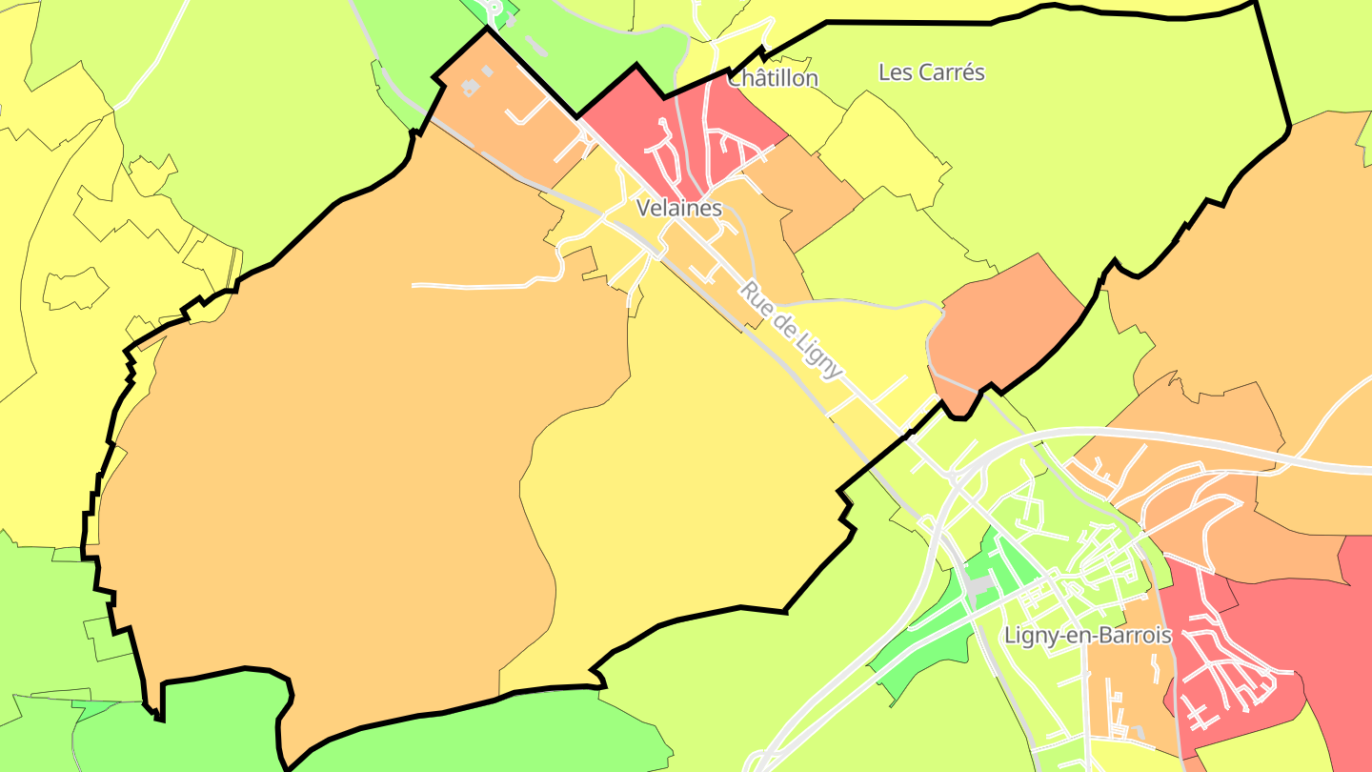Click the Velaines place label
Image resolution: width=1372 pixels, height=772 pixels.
pos(678,208)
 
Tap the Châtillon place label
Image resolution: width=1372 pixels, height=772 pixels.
pos(773,79)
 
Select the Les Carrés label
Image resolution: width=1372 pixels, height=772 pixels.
pos(931,72)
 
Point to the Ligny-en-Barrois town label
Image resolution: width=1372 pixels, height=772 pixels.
pos(1088,636)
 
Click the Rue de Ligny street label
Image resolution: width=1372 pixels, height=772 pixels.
pos(792,330)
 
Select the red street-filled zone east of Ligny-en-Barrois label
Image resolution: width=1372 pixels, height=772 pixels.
pos(1239,658)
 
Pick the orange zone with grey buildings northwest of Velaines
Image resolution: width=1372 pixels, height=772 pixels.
pos(505,124)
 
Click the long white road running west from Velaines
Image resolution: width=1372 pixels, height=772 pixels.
pos(476,285)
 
